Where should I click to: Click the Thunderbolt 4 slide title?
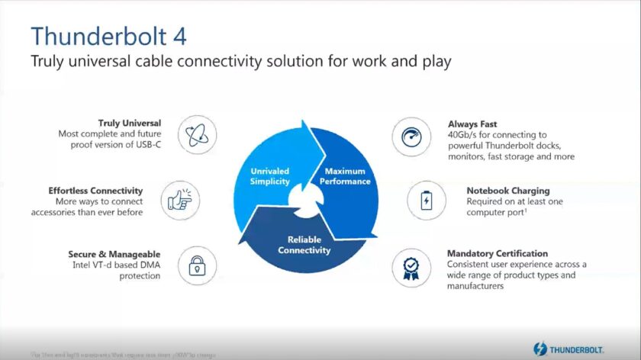pos(108,36)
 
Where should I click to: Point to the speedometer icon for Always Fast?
pos(407,136)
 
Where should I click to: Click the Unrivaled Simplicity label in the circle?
pos(269,177)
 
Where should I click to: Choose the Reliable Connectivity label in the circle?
pos(304,244)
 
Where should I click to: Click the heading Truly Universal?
pos(129,123)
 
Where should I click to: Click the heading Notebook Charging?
pos(507,190)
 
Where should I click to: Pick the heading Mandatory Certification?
pos(497,253)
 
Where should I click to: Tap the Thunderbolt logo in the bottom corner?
pos(569,349)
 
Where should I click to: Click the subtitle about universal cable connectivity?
pos(241,62)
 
